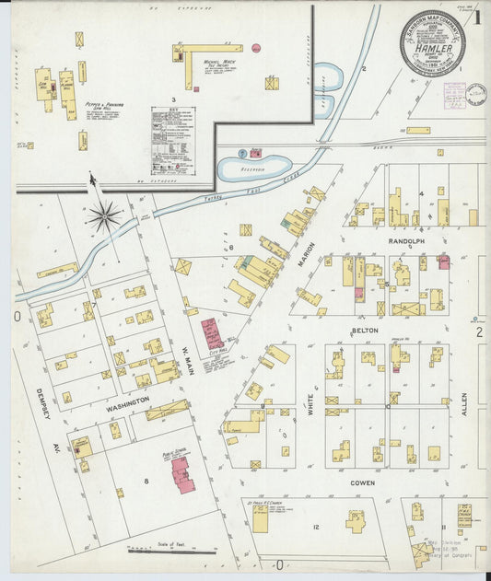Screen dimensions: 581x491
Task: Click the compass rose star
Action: (104, 217)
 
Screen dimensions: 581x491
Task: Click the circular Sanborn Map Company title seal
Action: (432, 43)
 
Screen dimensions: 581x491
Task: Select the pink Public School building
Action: (182, 473)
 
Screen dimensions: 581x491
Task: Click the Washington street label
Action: (127, 403)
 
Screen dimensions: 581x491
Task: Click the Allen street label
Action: (463, 404)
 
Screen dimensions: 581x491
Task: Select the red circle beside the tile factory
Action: (256, 48)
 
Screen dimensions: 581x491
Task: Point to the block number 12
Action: (315, 526)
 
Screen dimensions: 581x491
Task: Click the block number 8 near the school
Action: (145, 482)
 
